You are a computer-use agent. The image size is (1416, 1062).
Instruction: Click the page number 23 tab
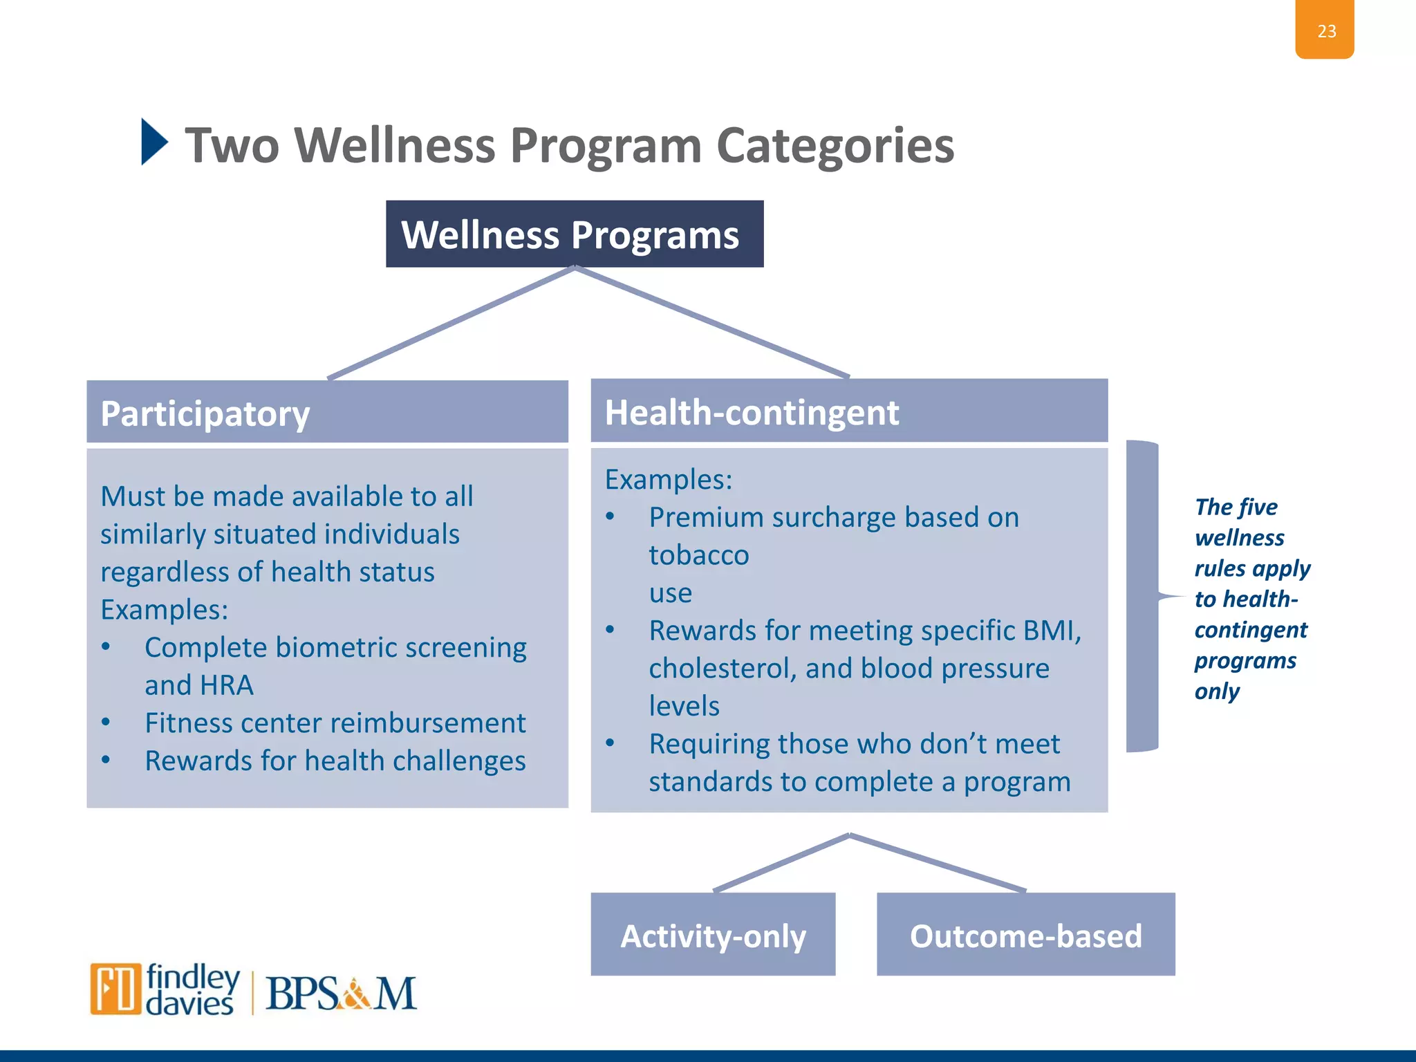(x=1324, y=30)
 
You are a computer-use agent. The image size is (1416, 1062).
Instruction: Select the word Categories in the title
(x=835, y=146)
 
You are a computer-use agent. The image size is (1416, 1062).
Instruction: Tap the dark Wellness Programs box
(x=574, y=234)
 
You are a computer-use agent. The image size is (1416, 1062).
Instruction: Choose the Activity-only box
(x=713, y=935)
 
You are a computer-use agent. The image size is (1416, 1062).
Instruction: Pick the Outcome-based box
(x=1025, y=935)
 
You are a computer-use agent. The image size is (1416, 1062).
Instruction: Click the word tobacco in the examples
(x=698, y=555)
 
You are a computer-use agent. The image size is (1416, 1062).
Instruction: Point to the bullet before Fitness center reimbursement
(x=106, y=723)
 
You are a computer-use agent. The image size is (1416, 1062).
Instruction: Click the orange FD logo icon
(x=115, y=988)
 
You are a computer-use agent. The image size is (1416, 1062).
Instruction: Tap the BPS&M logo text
(x=341, y=994)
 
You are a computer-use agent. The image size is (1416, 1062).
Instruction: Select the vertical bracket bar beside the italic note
(x=1142, y=596)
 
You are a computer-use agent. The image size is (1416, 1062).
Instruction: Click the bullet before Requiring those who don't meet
(x=610, y=744)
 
